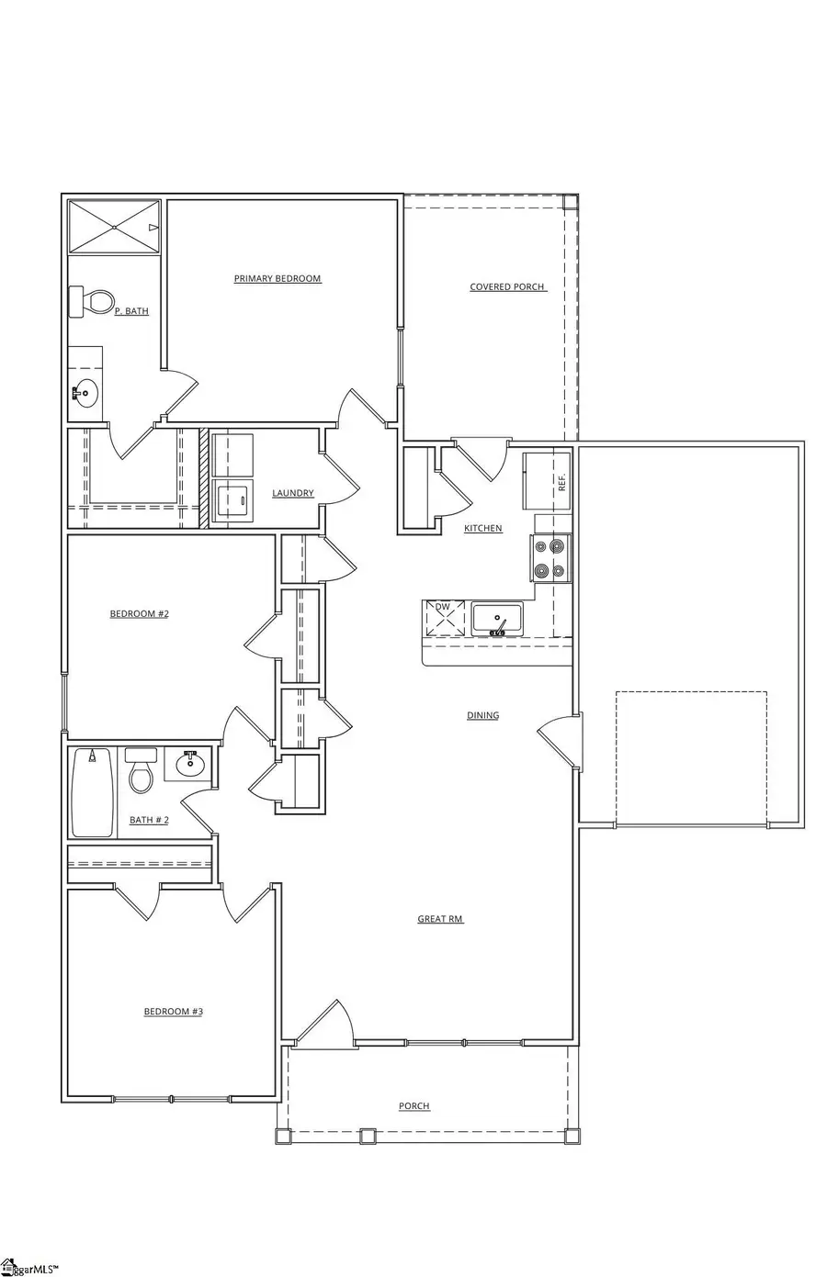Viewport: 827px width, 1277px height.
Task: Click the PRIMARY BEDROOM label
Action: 277,279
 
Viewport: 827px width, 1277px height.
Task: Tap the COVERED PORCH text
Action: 507,287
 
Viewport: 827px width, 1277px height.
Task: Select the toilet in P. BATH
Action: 93,301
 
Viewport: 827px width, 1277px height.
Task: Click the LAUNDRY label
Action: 292,494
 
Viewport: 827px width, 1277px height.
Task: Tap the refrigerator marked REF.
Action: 546,481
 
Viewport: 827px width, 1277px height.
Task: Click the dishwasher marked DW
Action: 445,618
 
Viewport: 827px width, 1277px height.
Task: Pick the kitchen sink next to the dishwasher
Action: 496,619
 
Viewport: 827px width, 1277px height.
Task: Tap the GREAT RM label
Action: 440,919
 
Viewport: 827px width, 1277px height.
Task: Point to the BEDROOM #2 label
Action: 139,614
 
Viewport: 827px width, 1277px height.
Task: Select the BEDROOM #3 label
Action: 173,1012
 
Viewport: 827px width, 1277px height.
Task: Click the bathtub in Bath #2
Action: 92,792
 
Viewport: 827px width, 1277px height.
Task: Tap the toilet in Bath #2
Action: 141,771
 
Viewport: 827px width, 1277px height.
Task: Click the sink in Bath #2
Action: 190,764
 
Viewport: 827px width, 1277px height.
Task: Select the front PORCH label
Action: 413,1106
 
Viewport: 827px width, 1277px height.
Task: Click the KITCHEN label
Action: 482,529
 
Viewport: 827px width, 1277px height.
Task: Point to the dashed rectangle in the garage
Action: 690,758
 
